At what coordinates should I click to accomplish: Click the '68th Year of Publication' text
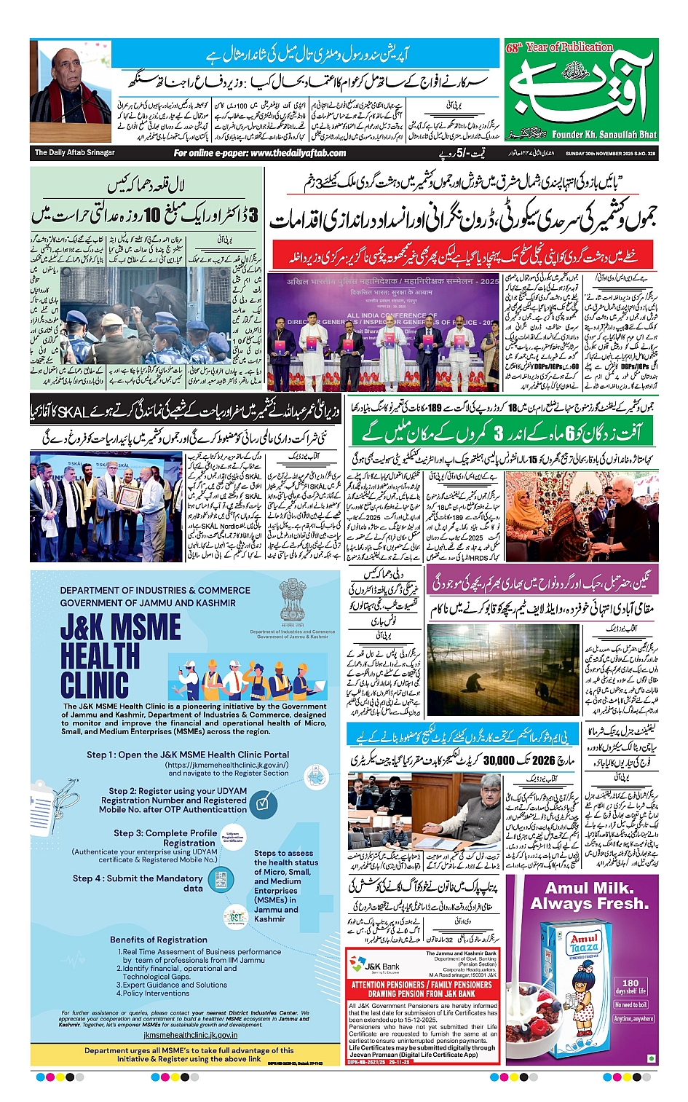pos(559,47)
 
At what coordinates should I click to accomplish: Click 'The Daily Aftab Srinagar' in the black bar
pos(74,153)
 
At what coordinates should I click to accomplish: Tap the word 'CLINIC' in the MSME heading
pos(95,685)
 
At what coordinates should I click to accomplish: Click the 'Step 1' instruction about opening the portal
pos(188,755)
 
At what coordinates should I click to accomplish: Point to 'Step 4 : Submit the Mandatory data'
pos(138,883)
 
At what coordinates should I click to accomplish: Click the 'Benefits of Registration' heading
pos(159,940)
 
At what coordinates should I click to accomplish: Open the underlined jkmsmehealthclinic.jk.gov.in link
pos(190,1034)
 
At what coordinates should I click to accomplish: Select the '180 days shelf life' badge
pos(630,986)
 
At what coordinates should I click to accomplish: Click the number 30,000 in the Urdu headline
pos(499,760)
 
